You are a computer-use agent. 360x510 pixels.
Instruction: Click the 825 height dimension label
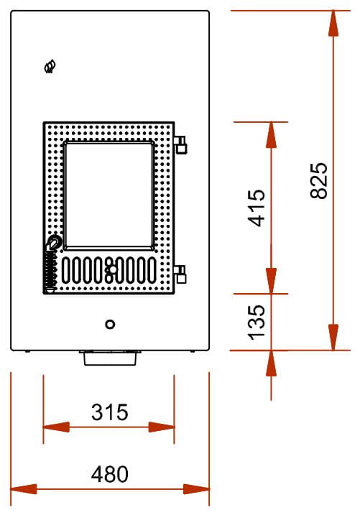318,180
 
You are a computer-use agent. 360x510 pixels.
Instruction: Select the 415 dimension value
256,208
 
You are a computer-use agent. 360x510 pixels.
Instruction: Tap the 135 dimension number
257,323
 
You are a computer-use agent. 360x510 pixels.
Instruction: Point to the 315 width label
110,412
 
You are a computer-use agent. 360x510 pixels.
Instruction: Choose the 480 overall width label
110,474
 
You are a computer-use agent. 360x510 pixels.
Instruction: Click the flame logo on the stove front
50,66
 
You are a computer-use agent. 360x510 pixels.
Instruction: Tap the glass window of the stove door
109,195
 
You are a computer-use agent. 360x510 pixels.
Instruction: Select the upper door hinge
180,144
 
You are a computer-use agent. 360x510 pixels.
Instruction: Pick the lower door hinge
180,274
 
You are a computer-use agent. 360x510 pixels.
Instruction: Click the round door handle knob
54,242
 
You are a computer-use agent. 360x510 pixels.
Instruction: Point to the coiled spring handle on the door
50,271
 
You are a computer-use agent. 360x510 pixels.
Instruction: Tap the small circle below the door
111,324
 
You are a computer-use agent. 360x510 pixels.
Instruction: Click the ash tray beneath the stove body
110,358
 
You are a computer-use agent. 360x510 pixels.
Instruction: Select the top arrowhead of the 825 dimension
333,24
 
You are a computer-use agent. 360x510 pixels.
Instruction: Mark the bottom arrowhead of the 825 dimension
333,338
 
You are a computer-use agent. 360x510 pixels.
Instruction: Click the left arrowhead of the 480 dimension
24,489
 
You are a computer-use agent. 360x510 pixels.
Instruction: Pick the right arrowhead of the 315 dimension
161,427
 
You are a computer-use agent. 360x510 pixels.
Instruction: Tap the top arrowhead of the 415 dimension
271,135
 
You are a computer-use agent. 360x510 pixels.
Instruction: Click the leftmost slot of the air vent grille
65,270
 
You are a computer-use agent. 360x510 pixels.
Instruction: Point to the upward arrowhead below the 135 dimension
271,363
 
